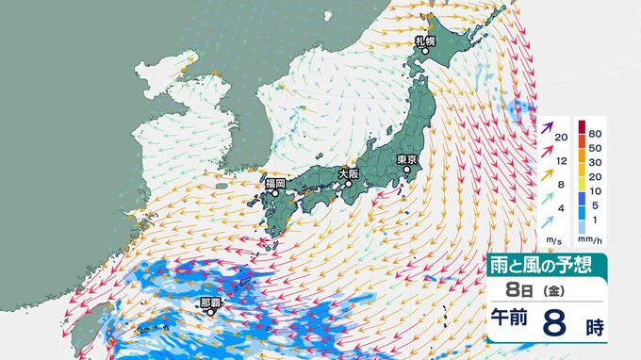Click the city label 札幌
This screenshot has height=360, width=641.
tap(423, 41)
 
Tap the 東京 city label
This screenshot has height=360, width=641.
tap(407, 159)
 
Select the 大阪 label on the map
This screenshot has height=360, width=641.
tap(348, 173)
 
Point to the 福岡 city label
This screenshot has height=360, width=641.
tap(275, 183)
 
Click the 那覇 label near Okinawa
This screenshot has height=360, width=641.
tap(211, 303)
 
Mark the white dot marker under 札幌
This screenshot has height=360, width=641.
tap(424, 52)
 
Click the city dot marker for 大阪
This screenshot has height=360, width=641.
tap(348, 185)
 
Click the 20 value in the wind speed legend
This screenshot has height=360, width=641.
tap(561, 139)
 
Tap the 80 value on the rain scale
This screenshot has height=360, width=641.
tap(596, 123)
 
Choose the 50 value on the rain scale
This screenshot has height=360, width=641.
tap(596, 139)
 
